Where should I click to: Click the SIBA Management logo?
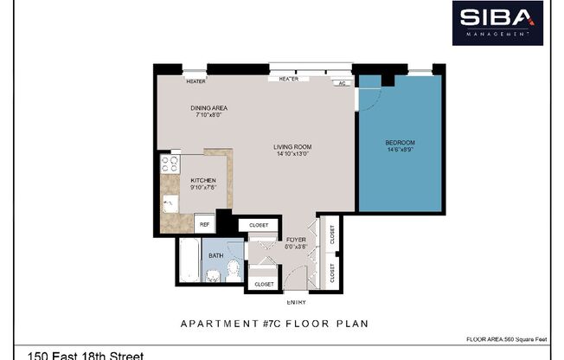pyautogui.click(x=497, y=22)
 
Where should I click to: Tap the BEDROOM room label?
pyautogui.click(x=400, y=143)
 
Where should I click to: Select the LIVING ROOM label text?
pyautogui.click(x=292, y=147)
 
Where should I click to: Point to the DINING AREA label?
pyautogui.click(x=208, y=108)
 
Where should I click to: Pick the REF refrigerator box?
pyautogui.click(x=205, y=224)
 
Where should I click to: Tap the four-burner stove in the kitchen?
pyautogui.click(x=170, y=163)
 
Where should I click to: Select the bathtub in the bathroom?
pyautogui.click(x=189, y=262)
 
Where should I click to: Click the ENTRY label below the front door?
pyautogui.click(x=296, y=302)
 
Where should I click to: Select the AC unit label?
pyautogui.click(x=343, y=83)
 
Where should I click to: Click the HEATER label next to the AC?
pyautogui.click(x=288, y=79)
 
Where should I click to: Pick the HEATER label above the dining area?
pyautogui.click(x=195, y=81)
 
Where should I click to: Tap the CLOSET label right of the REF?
pyautogui.click(x=259, y=224)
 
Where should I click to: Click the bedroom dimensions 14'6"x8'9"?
pyautogui.click(x=400, y=150)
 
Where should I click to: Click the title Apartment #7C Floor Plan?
pyautogui.click(x=274, y=325)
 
